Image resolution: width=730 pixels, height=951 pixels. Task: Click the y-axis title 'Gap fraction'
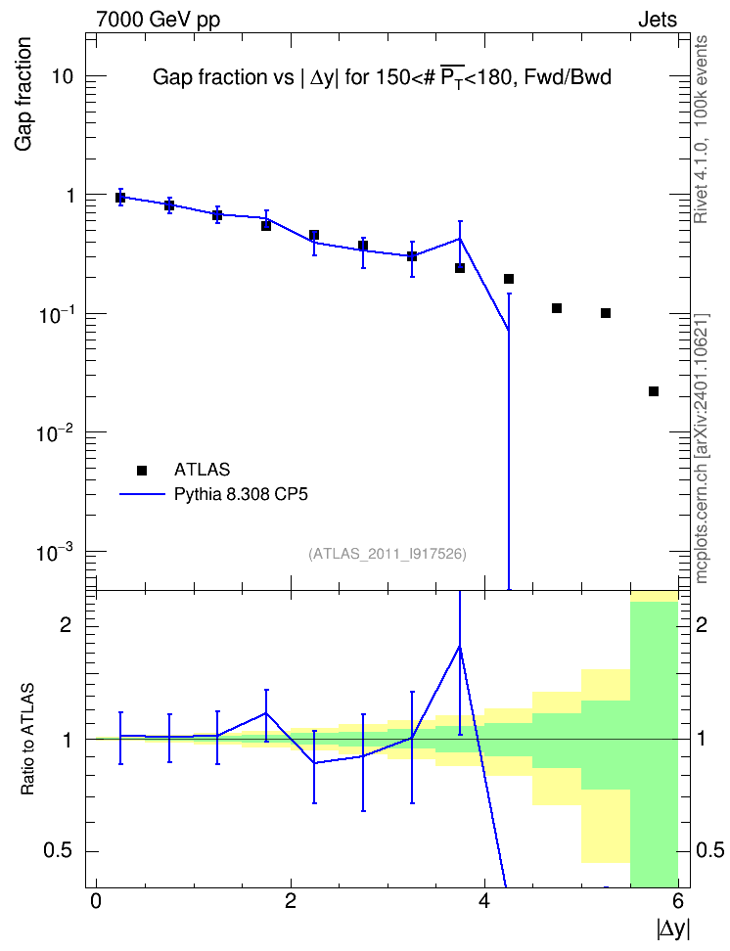23,94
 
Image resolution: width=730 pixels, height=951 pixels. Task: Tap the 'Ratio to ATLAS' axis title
27,739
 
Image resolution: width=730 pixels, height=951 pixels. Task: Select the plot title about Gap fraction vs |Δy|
382,77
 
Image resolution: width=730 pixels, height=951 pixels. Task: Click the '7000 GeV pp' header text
158,20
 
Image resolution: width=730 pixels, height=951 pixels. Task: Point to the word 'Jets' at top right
658,20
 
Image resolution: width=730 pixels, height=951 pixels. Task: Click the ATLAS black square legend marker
142,470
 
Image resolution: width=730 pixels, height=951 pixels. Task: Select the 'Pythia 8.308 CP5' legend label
241,494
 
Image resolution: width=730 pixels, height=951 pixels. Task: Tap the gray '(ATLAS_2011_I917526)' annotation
388,554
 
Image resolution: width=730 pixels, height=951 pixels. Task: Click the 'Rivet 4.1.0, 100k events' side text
701,130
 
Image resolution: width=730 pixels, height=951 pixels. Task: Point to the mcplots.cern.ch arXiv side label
701,448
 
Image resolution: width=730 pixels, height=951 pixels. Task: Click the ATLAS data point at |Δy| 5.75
654,391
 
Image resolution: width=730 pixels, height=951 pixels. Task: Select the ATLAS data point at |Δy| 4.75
557,308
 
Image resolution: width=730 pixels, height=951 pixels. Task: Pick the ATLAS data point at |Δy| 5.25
605,313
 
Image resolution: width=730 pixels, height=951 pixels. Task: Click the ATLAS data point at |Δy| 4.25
509,279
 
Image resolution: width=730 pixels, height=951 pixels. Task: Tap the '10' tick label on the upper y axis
62,77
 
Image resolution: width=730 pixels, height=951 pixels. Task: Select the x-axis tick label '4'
484,901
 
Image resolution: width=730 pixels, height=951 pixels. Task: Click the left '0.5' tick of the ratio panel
58,851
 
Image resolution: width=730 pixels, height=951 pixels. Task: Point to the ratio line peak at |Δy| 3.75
460,647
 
